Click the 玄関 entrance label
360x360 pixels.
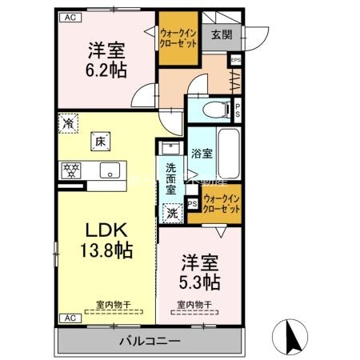point(221,34)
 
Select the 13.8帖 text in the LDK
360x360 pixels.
point(105,247)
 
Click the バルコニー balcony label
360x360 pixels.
point(148,341)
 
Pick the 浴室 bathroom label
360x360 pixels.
point(202,153)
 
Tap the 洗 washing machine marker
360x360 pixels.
point(172,214)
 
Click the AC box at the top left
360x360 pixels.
point(69,17)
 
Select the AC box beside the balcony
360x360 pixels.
point(69,318)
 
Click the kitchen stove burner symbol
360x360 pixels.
point(70,170)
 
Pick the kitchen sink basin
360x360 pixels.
point(110,170)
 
